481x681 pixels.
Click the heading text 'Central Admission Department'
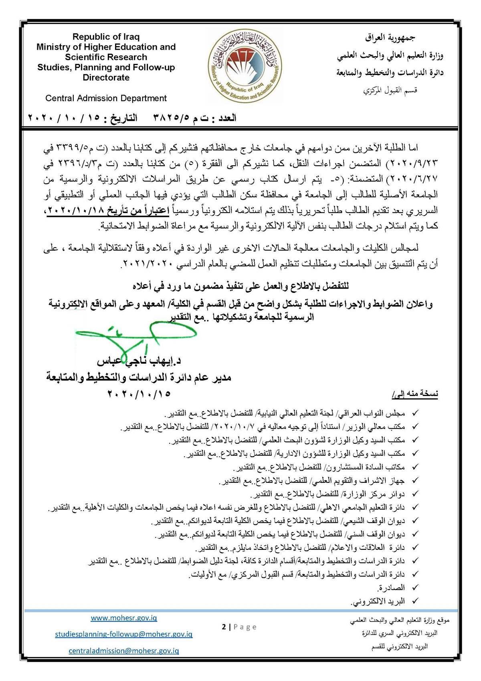(106, 98)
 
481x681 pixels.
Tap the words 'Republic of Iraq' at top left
(106, 37)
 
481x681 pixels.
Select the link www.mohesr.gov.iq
(123, 618)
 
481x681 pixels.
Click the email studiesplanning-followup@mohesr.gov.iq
(123, 634)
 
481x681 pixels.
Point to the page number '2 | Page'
(239, 627)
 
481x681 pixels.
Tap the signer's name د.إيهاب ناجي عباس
(139, 361)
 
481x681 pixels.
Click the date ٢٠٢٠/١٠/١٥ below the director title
(138, 394)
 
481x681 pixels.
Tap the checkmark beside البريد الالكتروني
(415, 601)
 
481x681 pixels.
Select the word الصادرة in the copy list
(391, 588)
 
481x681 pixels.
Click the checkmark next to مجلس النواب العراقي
(415, 413)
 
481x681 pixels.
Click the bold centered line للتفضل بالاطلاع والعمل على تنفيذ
(240, 287)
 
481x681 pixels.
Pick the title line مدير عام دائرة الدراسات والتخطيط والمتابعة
(138, 378)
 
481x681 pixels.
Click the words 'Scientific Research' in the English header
(106, 57)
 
